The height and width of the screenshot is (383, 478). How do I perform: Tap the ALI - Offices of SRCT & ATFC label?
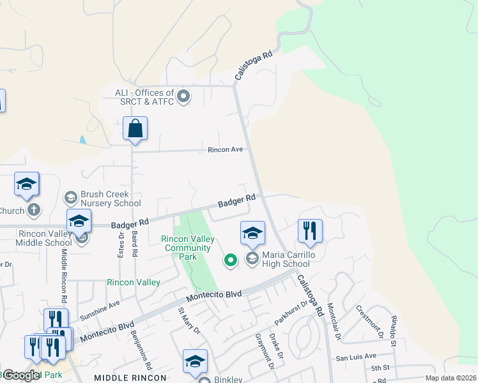tap(144, 97)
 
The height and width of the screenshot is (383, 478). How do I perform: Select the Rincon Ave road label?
tap(226, 149)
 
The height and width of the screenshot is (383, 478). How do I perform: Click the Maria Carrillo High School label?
tap(286, 259)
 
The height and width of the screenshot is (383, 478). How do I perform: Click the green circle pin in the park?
tap(230, 259)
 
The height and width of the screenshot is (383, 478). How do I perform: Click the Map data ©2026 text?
tap(450, 378)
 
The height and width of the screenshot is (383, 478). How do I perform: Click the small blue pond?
tap(82, 140)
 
